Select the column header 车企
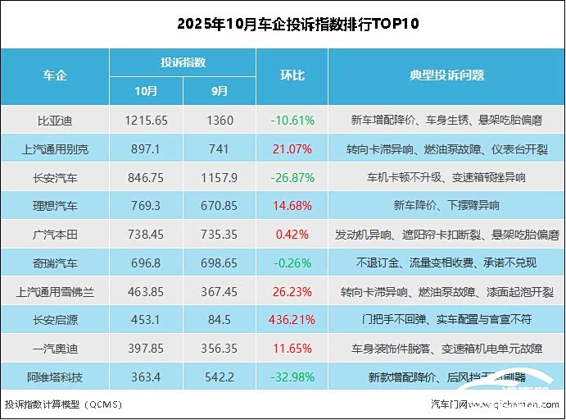55,75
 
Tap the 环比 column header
292,75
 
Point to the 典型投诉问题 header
446,75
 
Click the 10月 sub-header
147,90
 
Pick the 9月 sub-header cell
220,90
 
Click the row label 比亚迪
55,121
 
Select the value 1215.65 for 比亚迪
147,121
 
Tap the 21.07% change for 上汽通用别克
292,149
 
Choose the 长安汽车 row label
55,177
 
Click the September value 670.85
220,206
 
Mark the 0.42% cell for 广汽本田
292,235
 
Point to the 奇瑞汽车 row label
55,263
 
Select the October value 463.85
147,292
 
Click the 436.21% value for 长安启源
292,320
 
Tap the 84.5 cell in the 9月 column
220,320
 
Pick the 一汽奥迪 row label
55,349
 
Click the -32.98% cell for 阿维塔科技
292,377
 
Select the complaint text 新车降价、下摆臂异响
446,206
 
